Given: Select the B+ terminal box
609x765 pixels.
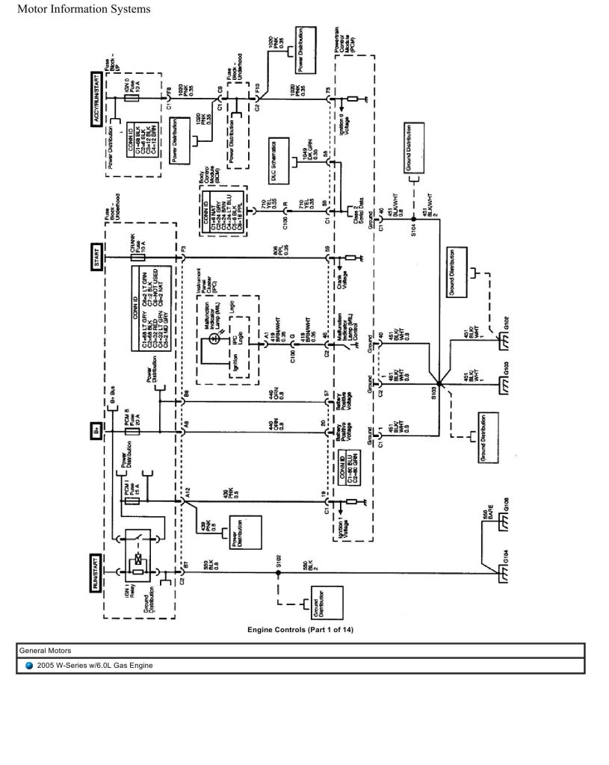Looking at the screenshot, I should (x=96, y=432).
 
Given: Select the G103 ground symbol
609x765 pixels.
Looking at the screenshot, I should (x=505, y=382).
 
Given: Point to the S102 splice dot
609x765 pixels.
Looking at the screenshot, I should (x=277, y=573).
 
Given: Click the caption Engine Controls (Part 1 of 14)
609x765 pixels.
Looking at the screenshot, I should (x=300, y=630).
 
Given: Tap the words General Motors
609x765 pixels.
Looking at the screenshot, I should (x=44, y=650).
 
